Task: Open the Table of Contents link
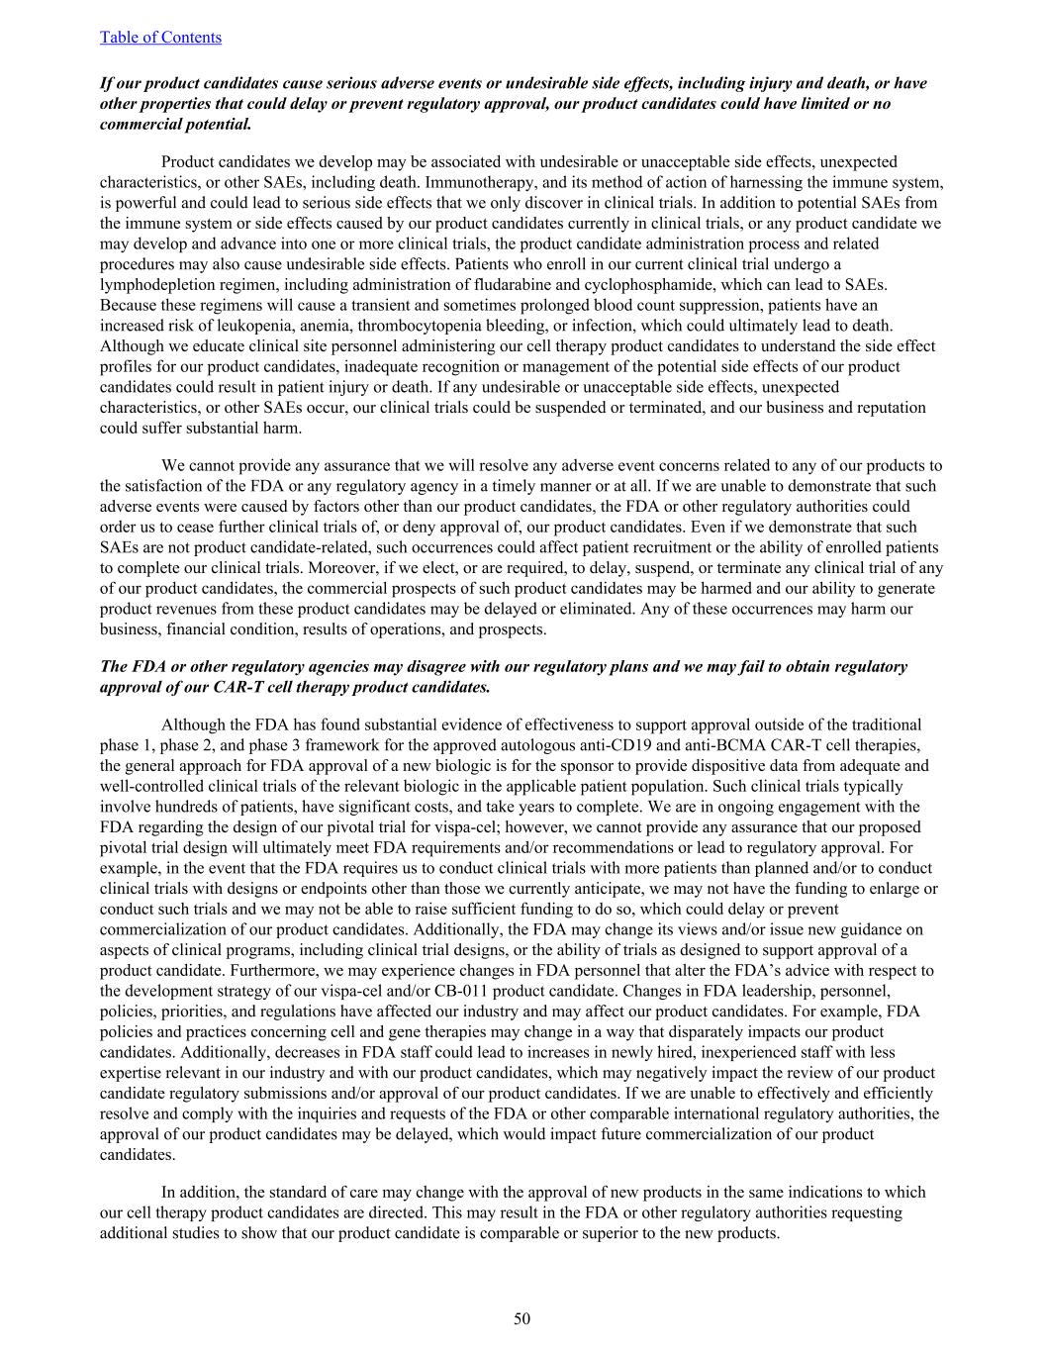point(160,38)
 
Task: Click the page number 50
point(522,1318)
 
